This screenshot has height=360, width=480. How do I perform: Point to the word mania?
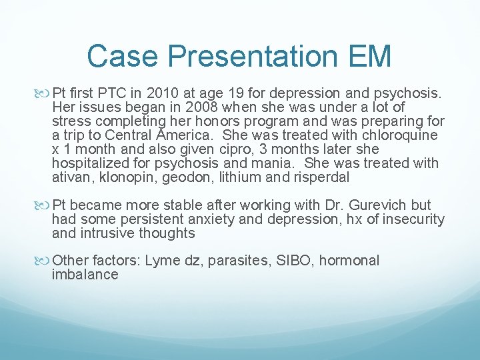pos(270,163)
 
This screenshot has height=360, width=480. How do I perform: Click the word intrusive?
pos(108,233)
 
